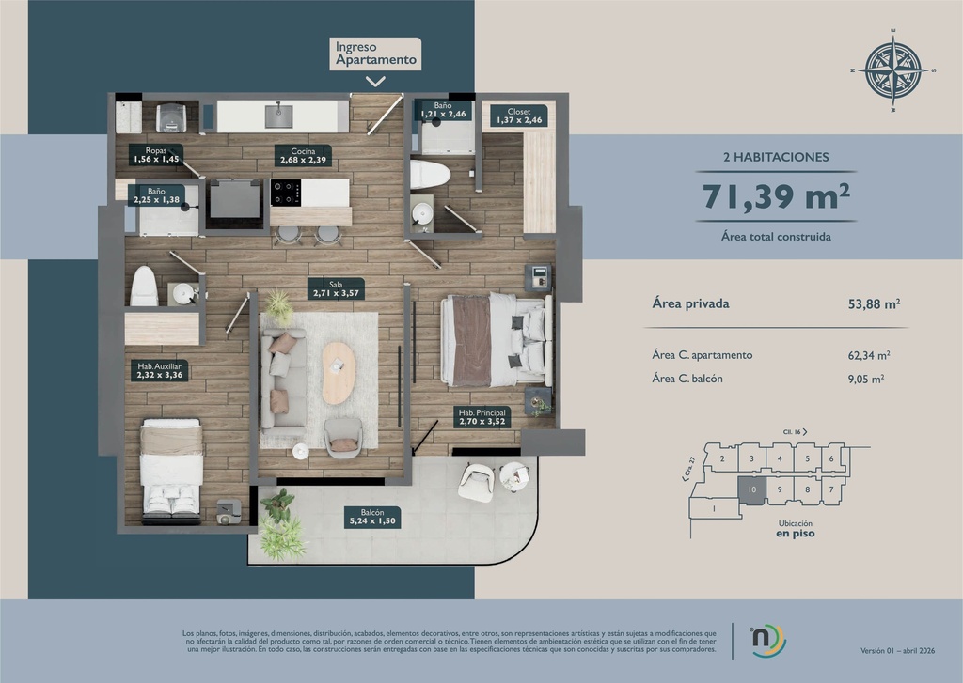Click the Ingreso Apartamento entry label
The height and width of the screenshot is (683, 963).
(x=376, y=53)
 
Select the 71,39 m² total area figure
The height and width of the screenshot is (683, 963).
(x=777, y=196)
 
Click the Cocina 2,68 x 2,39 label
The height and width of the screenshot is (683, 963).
(x=303, y=155)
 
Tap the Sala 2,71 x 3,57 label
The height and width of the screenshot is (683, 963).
(x=337, y=287)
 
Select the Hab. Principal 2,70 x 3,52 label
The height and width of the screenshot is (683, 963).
(x=481, y=417)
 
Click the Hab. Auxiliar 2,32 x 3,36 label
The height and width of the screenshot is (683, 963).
(x=159, y=371)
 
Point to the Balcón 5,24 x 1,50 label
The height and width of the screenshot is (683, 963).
(x=371, y=517)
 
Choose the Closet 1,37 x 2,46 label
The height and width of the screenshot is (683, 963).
(x=519, y=116)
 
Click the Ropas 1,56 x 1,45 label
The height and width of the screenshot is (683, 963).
(x=156, y=155)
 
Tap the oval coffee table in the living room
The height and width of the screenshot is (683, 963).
(x=339, y=372)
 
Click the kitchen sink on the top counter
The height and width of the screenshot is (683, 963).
(x=278, y=116)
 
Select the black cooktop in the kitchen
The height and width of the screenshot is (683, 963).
(x=285, y=192)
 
